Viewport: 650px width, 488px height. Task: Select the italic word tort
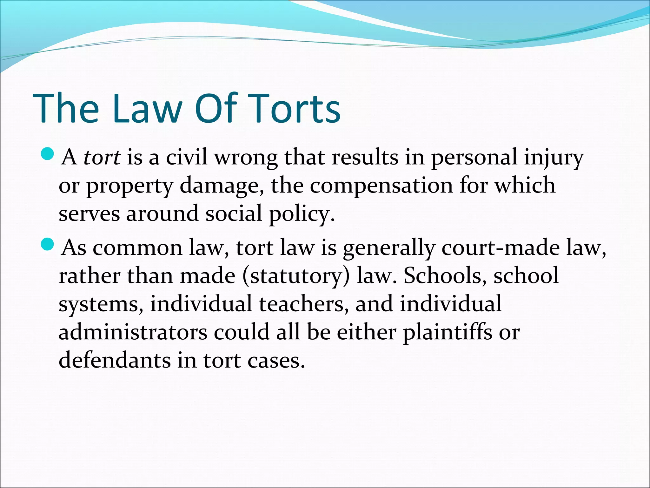(x=102, y=157)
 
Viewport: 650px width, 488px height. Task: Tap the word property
(x=129, y=186)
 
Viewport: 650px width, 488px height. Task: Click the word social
(x=234, y=213)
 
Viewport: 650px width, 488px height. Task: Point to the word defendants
(x=115, y=360)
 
